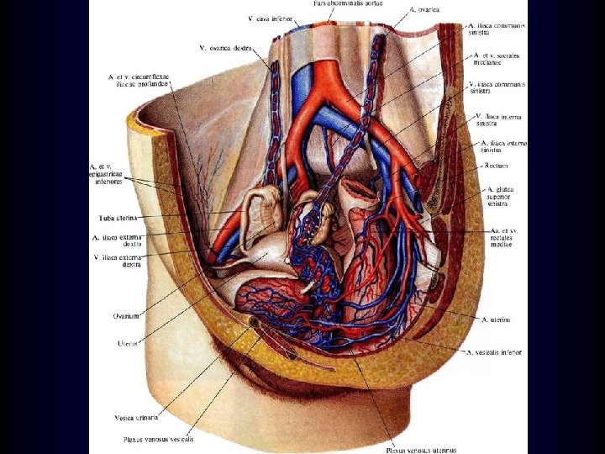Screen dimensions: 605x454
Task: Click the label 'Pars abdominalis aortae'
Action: tap(348, 3)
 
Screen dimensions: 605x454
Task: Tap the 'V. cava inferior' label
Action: tap(270, 17)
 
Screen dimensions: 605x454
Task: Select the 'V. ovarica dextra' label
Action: tap(226, 47)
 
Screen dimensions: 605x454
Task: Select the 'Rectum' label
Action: tap(497, 166)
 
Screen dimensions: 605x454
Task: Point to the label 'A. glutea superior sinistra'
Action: tap(500, 197)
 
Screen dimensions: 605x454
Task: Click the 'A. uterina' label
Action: tap(496, 319)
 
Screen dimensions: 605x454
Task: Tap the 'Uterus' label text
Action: tap(128, 343)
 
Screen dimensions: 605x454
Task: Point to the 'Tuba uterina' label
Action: tap(117, 217)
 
